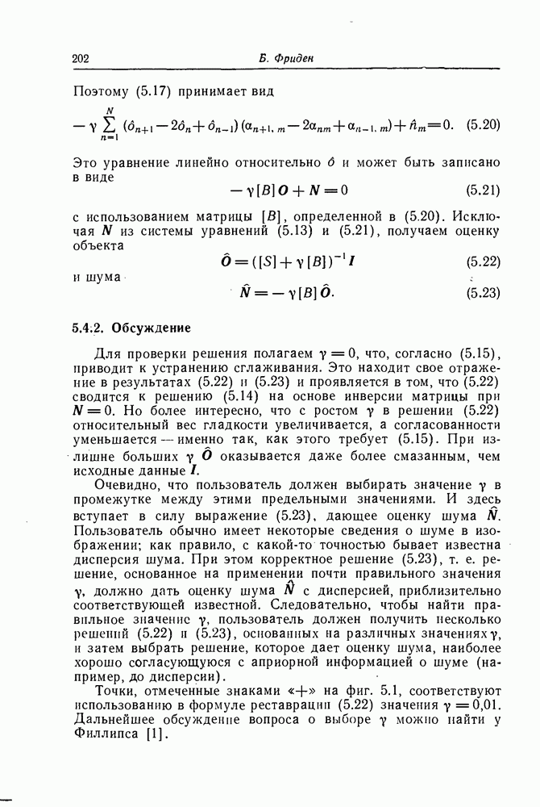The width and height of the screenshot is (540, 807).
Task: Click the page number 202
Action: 81,58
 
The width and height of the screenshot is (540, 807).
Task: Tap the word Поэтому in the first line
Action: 99,91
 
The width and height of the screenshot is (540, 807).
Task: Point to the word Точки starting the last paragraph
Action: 114,692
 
